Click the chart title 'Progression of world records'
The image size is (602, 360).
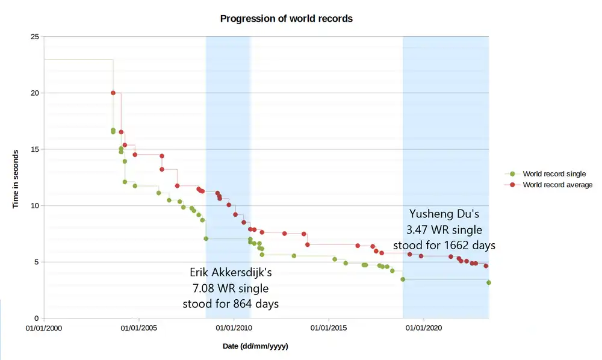point(286,19)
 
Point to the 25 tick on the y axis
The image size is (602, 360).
point(34,37)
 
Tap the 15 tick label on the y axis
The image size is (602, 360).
point(34,149)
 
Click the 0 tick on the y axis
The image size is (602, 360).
point(36,318)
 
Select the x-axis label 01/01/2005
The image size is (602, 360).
point(139,329)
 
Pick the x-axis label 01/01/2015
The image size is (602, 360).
point(329,329)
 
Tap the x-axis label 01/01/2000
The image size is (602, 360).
point(44,329)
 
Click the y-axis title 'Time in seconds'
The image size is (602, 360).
point(16,178)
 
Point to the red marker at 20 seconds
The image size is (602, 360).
point(113,93)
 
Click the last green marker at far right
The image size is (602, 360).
point(489,282)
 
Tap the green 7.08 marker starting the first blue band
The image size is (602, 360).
point(206,238)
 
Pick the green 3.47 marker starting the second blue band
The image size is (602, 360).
point(403,279)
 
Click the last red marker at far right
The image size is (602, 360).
point(486,265)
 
